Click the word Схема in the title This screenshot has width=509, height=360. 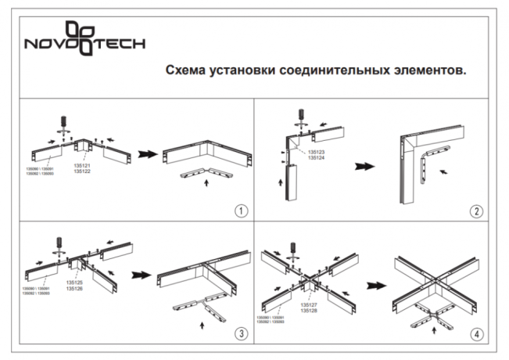pyautogui.click(x=185, y=70)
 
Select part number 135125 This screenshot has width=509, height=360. pyautogui.click(x=75, y=283)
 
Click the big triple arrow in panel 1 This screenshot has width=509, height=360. pyautogui.click(x=146, y=155)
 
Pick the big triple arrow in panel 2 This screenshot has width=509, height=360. pyautogui.click(x=364, y=166)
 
